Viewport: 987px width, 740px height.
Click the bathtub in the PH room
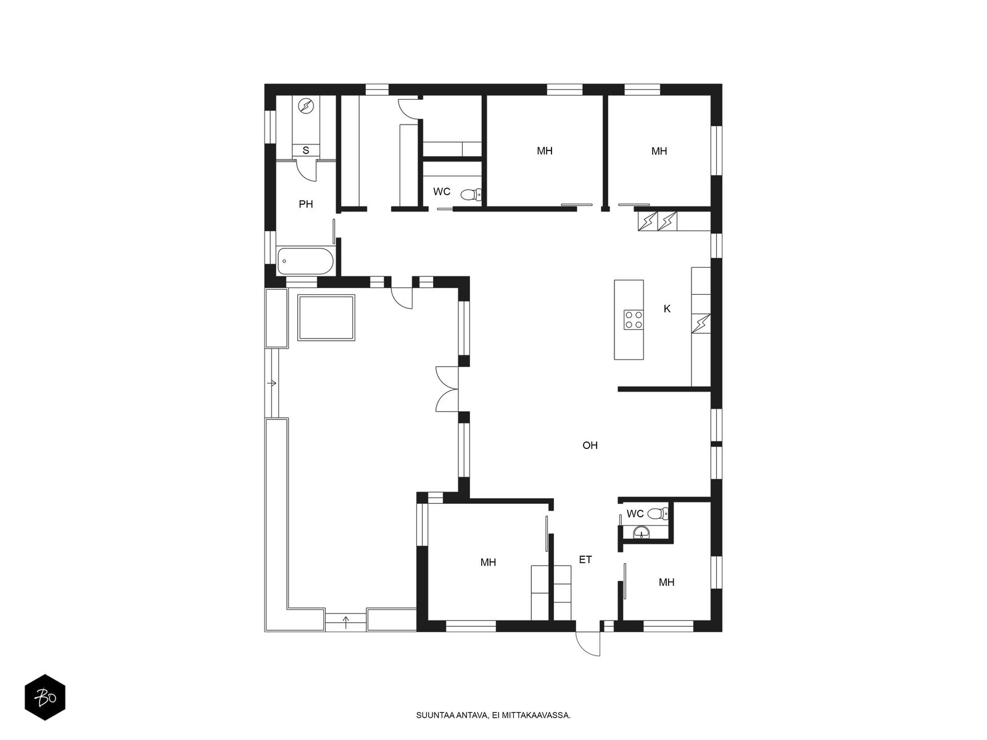(x=305, y=261)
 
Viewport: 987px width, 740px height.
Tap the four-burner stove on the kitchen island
(x=633, y=320)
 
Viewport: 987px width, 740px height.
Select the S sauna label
(x=306, y=150)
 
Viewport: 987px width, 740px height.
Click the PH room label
(x=306, y=205)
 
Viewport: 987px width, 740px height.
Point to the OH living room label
(x=590, y=445)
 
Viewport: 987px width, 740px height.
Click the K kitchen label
(x=667, y=309)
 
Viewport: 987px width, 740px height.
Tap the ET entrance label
(x=585, y=560)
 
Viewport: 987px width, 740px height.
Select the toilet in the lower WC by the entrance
(x=658, y=513)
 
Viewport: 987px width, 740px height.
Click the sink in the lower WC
(x=641, y=533)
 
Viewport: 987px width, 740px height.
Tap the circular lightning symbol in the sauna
(x=306, y=107)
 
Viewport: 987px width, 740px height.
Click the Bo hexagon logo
(x=45, y=697)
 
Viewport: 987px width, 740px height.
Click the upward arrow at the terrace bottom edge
(x=345, y=622)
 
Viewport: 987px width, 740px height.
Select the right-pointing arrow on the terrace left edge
(x=271, y=383)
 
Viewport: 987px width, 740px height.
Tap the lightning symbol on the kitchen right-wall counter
(x=701, y=324)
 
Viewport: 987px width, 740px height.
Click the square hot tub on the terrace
(x=326, y=317)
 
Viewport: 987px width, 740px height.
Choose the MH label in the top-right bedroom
(x=659, y=152)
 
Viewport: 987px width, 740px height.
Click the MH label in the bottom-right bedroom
(x=666, y=583)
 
